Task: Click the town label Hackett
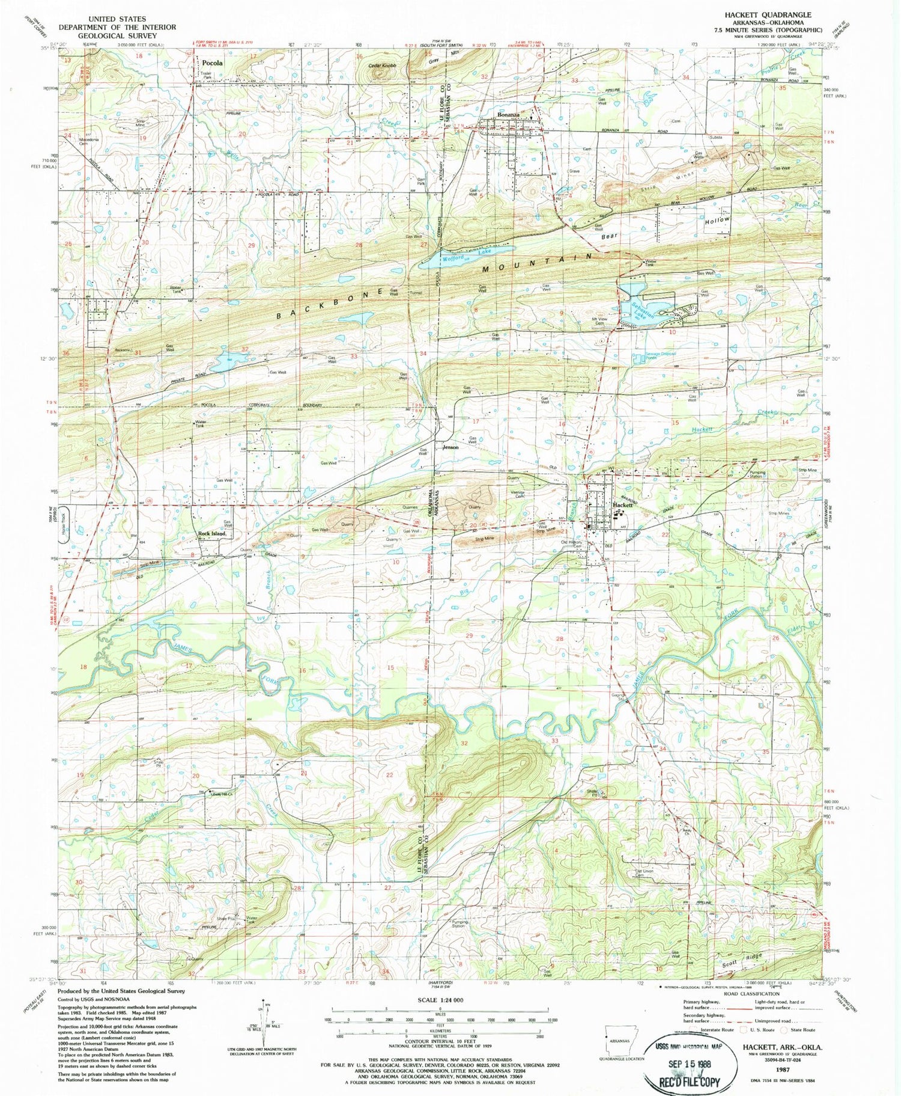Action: click(623, 506)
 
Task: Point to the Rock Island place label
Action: click(212, 533)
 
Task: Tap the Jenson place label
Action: click(450, 447)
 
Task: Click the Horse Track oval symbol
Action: click(65, 522)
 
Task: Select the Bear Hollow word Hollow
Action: click(718, 221)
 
